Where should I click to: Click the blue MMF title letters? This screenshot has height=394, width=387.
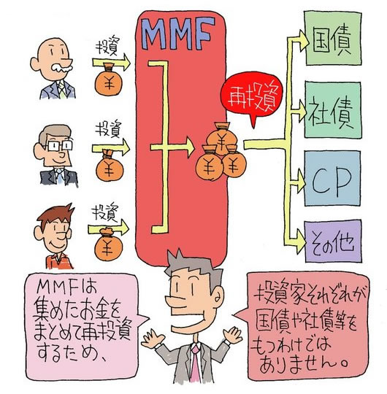(178, 34)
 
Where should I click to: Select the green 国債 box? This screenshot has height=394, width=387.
(333, 38)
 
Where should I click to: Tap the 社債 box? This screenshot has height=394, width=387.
(333, 109)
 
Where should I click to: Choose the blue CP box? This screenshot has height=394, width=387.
(332, 178)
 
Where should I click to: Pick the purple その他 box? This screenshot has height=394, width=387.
(333, 242)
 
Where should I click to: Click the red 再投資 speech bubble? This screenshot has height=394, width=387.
(251, 97)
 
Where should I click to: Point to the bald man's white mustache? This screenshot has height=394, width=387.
(62, 68)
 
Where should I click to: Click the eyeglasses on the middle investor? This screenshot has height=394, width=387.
(59, 145)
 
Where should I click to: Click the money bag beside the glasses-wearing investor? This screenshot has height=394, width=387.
(109, 165)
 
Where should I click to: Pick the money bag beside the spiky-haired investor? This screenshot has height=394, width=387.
(109, 244)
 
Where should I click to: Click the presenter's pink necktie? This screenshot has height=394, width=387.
(195, 363)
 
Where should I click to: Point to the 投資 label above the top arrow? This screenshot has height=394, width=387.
(107, 46)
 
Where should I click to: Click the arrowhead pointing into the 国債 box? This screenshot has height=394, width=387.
(302, 41)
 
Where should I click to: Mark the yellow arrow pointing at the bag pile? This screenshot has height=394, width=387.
(172, 147)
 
